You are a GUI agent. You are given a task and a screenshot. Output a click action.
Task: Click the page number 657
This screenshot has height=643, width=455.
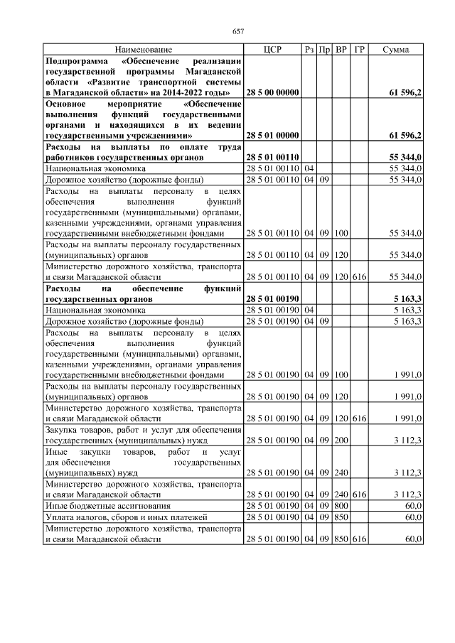[x=238, y=31]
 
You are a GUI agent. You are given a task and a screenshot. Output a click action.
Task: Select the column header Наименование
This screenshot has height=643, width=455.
[x=144, y=50]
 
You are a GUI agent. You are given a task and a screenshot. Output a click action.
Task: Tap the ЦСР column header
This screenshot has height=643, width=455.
[x=272, y=50]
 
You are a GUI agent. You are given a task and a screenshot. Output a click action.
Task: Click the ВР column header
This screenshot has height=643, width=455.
[x=341, y=50]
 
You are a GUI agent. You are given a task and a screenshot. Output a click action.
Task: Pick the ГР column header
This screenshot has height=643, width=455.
[x=359, y=50]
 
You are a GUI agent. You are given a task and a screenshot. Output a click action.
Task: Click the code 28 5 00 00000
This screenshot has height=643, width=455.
[x=272, y=93]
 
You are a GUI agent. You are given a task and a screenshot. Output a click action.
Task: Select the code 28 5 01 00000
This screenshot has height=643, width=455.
[x=272, y=134]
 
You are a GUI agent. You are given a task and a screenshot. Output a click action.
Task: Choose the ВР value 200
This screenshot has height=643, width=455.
[x=341, y=441]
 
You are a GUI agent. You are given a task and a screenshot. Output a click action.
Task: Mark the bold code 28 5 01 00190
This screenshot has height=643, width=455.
[x=272, y=300]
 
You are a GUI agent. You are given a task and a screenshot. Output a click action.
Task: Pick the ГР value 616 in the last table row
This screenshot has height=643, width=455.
[x=359, y=539]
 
